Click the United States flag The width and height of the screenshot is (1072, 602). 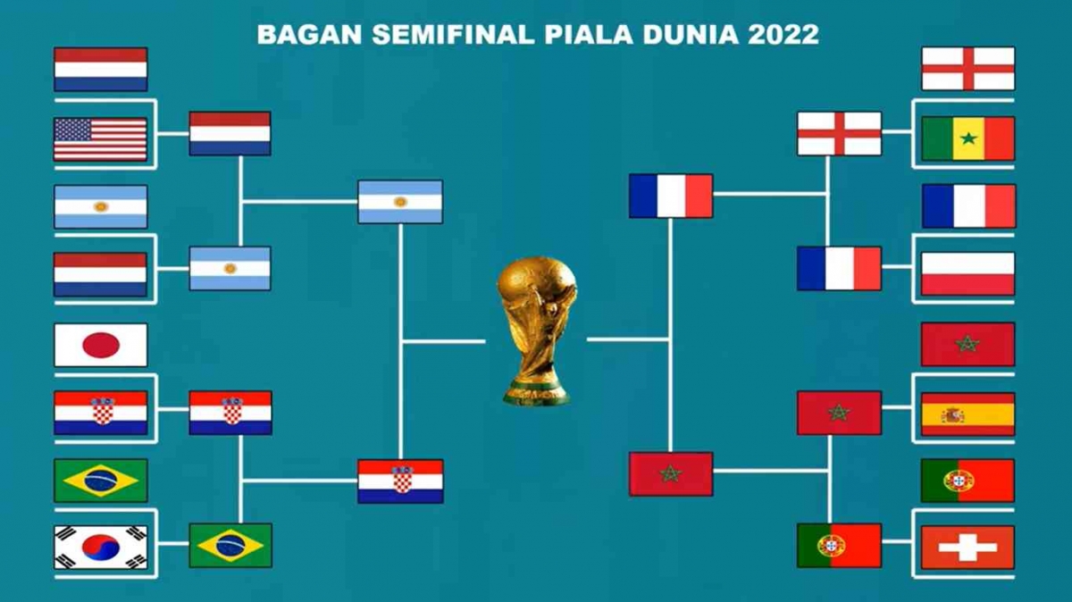tap(100, 139)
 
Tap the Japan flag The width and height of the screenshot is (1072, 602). tap(100, 345)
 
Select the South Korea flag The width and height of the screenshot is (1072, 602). tap(100, 547)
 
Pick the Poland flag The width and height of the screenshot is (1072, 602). tap(967, 273)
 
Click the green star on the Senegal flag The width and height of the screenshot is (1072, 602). tap(967, 138)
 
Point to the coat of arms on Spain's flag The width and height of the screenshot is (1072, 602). tap(952, 414)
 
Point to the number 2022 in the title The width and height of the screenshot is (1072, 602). tap(784, 35)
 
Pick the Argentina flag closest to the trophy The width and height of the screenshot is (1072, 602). tap(400, 202)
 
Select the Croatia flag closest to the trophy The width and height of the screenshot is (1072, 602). tap(400, 481)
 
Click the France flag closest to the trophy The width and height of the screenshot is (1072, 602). tap(671, 196)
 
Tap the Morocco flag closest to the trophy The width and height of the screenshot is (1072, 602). tap(671, 474)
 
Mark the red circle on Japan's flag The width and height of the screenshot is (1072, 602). tap(100, 345)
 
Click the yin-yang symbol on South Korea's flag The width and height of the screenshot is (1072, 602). tap(100, 547)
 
